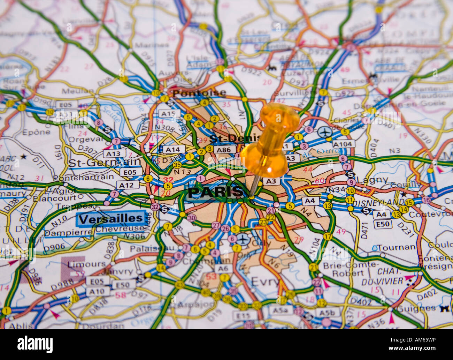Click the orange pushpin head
click(x=270, y=140)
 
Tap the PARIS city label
click(x=215, y=192)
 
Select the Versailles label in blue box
click(x=111, y=219)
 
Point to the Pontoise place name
click(x=199, y=93)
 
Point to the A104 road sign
click(x=343, y=144)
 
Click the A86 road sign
click(x=224, y=150)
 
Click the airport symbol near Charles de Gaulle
click(x=324, y=133)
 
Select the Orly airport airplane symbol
click(x=243, y=239)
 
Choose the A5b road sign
click(x=326, y=313)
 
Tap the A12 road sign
click(x=127, y=185)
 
